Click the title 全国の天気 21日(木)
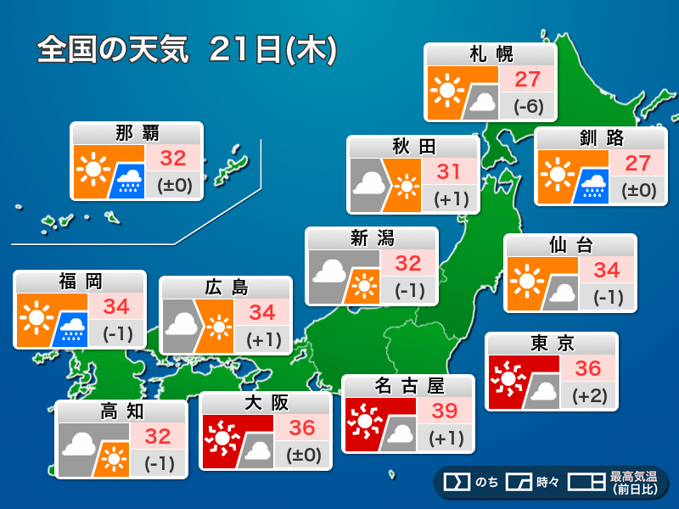pyautogui.click(x=188, y=49)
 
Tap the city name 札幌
pyautogui.click(x=491, y=55)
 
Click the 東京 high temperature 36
pyautogui.click(x=588, y=368)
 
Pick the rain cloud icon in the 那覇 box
pyautogui.click(x=129, y=179)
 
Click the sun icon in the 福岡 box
pyautogui.click(x=35, y=319)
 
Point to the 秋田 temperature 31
pyautogui.click(x=449, y=171)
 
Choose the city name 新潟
pyautogui.click(x=372, y=238)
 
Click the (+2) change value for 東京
pyautogui.click(x=588, y=395)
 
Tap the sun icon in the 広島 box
pyautogui.click(x=218, y=327)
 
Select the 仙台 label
pyautogui.click(x=570, y=246)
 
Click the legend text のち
pyautogui.click(x=485, y=482)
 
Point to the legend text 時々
pyautogui.click(x=547, y=482)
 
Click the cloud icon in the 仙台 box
pyautogui.click(x=559, y=294)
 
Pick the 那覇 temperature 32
pyautogui.click(x=173, y=158)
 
